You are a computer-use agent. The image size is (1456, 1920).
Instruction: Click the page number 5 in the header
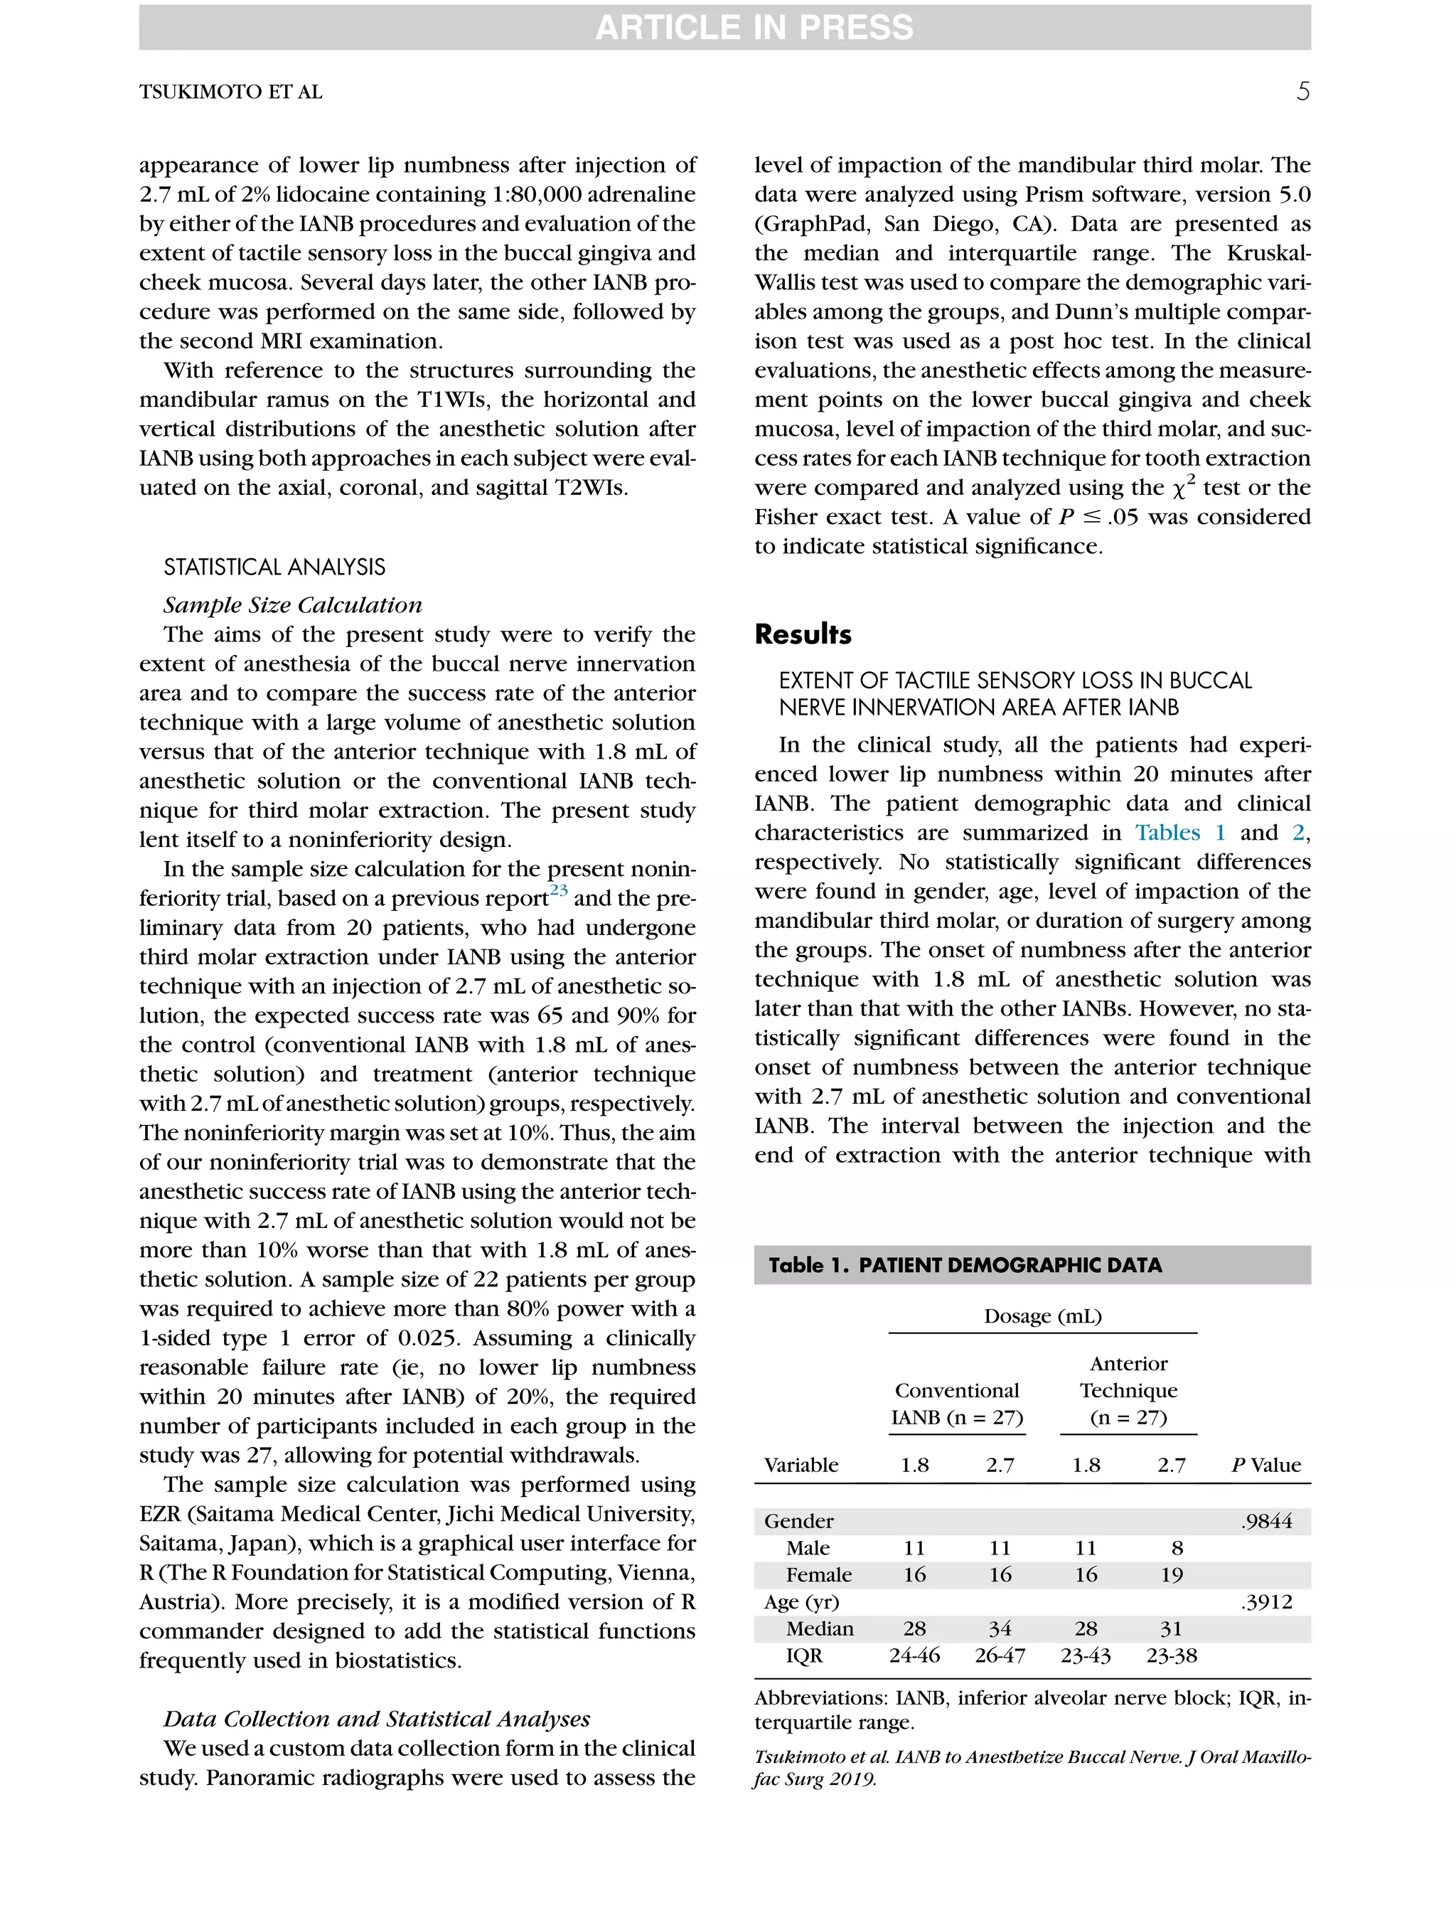1302,91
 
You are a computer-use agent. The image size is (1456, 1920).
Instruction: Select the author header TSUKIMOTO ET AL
231,92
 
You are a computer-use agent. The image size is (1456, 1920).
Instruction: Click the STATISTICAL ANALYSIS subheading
274,567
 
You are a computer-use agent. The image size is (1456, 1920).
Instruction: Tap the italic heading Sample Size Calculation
292,605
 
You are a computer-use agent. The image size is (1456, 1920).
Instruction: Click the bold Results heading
803,634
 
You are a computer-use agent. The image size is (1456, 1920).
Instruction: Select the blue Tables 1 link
1180,833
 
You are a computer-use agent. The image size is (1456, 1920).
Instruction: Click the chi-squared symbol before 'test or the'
1177,489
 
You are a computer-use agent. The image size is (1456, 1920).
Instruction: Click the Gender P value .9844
1266,1521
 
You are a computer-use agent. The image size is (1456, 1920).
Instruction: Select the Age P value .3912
1266,1601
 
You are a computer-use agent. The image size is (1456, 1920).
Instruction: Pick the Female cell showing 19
1172,1574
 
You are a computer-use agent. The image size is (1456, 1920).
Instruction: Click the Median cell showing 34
1000,1628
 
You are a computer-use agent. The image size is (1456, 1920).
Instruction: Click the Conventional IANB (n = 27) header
957,1404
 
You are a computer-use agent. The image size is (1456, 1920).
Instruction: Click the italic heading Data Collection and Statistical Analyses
377,1719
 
